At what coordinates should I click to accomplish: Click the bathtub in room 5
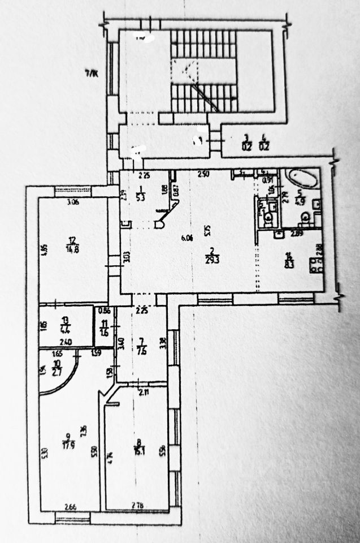tap(301, 178)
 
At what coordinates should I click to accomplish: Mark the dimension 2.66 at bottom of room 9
tap(70, 507)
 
